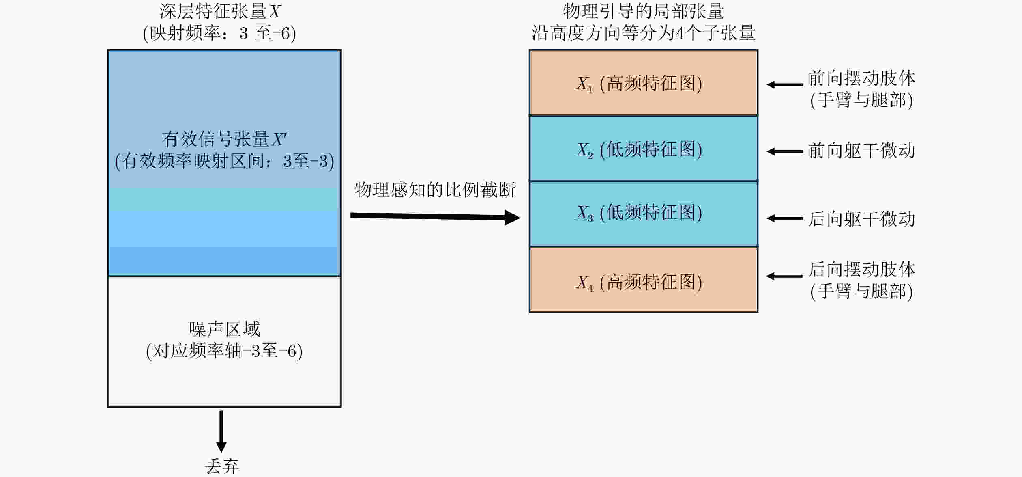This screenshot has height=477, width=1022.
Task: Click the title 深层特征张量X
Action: [x=220, y=12]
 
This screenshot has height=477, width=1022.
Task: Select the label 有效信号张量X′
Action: [x=224, y=139]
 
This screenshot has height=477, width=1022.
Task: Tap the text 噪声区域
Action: [x=224, y=329]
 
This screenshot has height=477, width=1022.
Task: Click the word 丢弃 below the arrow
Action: [x=222, y=466]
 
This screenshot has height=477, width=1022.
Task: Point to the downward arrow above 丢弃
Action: [x=221, y=431]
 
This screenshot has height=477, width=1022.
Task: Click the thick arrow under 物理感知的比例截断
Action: [x=435, y=216]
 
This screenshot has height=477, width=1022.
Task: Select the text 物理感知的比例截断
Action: [x=435, y=190]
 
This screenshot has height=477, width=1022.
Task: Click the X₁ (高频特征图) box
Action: [x=643, y=83]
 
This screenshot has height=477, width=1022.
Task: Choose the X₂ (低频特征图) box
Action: [x=643, y=149]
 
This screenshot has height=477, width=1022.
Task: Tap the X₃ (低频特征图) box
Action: [x=643, y=214]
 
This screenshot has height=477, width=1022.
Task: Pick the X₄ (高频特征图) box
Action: [x=643, y=280]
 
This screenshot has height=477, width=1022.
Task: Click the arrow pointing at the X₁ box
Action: [x=785, y=84]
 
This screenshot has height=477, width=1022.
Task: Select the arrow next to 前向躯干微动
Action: [x=785, y=151]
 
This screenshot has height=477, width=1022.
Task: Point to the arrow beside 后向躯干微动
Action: [x=785, y=218]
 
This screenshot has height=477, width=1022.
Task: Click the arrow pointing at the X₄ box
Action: [x=784, y=276]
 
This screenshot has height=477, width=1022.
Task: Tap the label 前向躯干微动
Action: [x=862, y=151]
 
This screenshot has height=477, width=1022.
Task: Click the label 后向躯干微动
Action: [x=862, y=219]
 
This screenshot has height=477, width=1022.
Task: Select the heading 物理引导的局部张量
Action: [x=643, y=11]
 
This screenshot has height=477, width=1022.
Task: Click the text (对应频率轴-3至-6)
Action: [x=224, y=351]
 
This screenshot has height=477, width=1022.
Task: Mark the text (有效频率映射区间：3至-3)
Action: [x=224, y=161]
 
